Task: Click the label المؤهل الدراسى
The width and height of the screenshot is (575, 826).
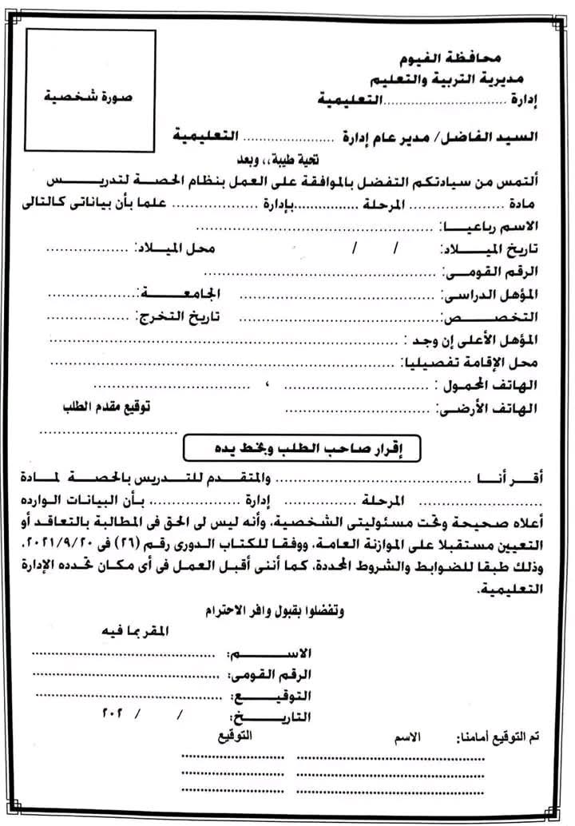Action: point(493,294)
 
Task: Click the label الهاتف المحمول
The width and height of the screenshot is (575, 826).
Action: point(491,387)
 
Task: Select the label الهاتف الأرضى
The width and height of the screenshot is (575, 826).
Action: point(488,409)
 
